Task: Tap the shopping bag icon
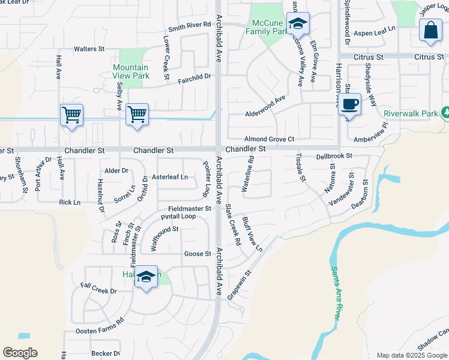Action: pos(431,32)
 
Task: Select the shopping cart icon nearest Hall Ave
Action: pos(71,114)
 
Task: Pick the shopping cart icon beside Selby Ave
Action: pos(137,114)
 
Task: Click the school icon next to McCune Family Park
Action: pos(297,24)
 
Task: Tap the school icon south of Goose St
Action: pos(146,277)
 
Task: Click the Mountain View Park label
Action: pos(131,72)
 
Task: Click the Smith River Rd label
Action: pos(190,25)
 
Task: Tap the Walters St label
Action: pos(89,49)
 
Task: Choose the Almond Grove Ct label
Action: pos(269,139)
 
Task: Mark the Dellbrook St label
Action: pos(334,156)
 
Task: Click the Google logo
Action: pos(20,353)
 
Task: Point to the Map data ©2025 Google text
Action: pos(412,355)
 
